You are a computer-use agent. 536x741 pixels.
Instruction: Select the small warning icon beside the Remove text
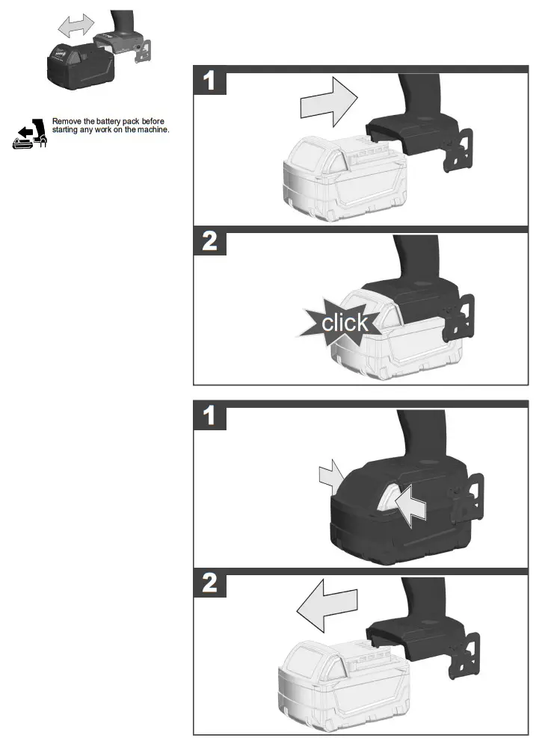tap(30, 134)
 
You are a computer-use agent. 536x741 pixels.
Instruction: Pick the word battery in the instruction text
tap(111, 121)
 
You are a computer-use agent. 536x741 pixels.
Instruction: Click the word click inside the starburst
tap(344, 323)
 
